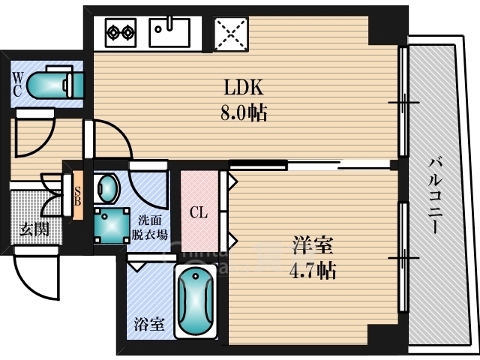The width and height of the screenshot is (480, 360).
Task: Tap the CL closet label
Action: pyautogui.click(x=198, y=213)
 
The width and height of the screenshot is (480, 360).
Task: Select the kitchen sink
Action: pyautogui.click(x=170, y=32)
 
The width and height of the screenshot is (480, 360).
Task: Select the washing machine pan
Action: pyautogui.click(x=110, y=223)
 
